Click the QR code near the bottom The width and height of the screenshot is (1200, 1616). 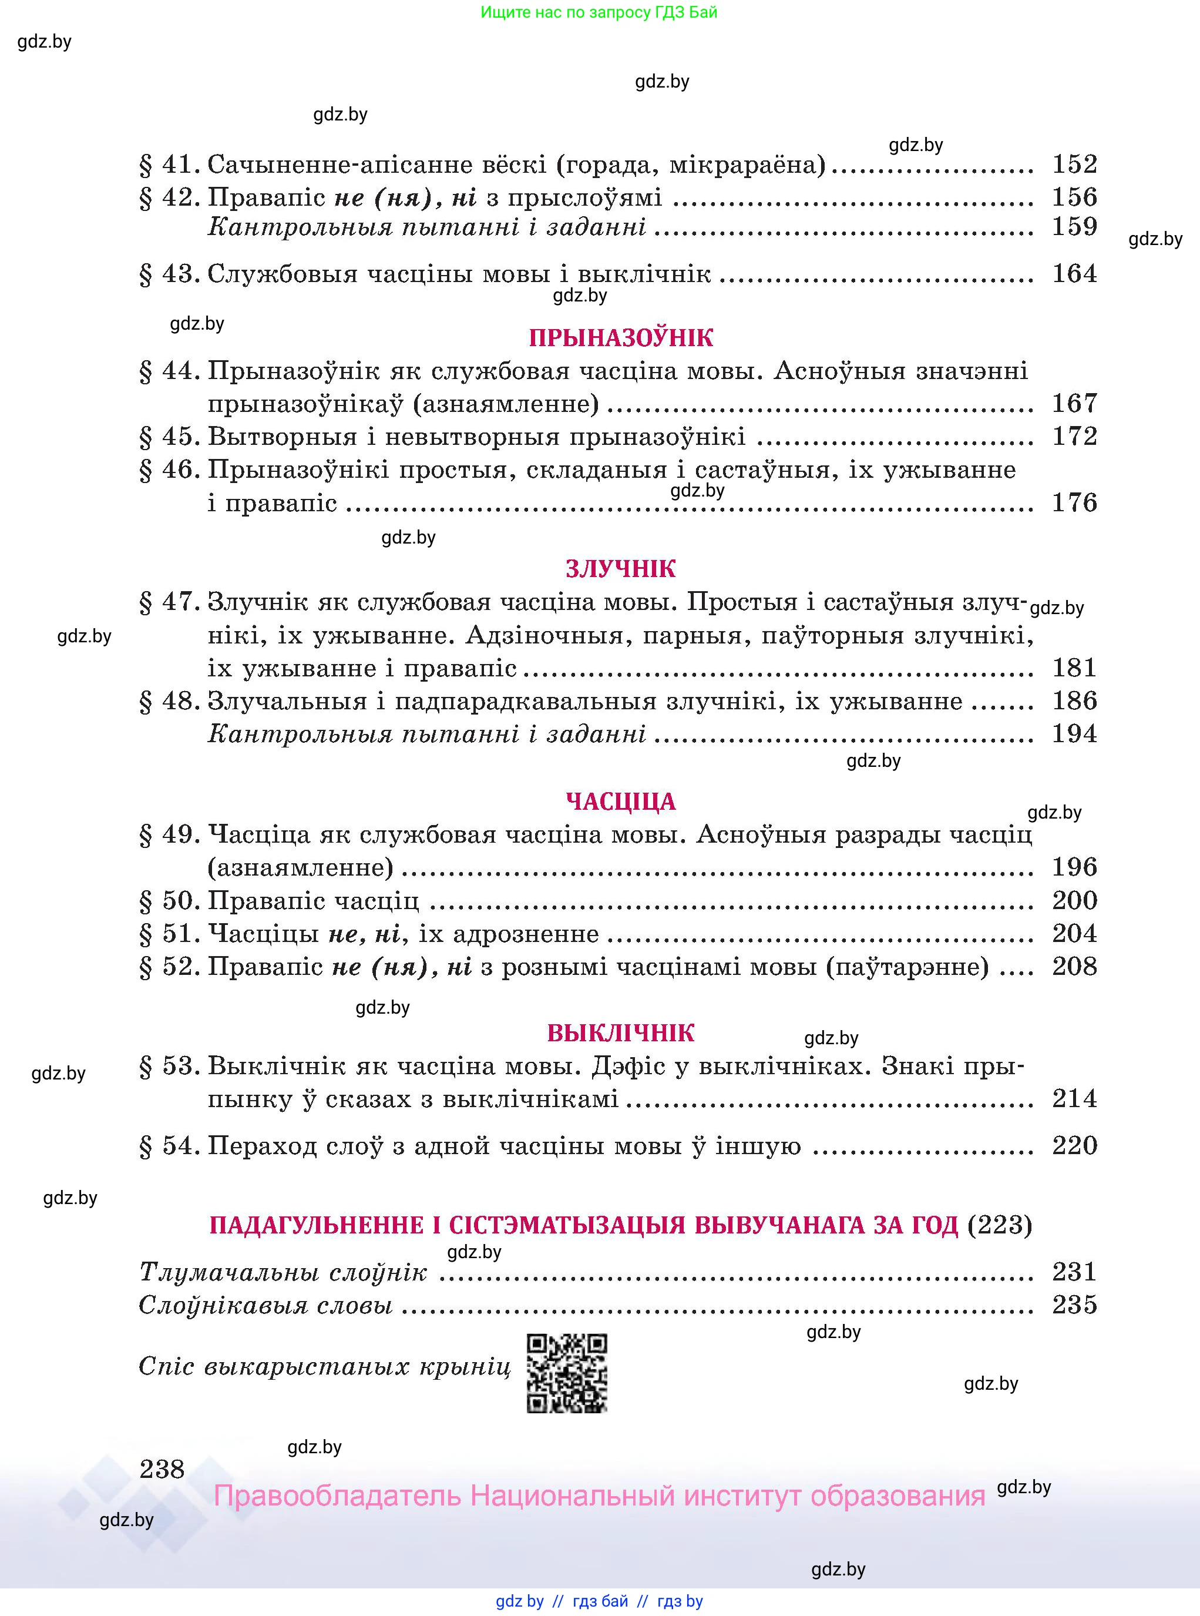click(567, 1373)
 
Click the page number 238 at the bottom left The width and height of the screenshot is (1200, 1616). click(162, 1469)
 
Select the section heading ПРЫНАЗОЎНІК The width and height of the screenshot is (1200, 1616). click(621, 338)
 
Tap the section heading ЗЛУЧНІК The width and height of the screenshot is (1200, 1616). click(621, 568)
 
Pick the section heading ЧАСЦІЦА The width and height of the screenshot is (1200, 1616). click(621, 802)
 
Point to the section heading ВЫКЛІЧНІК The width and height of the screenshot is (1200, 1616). click(621, 1032)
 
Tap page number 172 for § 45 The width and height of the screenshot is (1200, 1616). click(1074, 436)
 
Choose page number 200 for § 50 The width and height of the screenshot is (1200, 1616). click(1074, 900)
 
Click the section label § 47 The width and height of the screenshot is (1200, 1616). click(169, 602)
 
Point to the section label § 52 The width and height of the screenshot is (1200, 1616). click(169, 967)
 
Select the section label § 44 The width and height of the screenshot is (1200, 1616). click(169, 371)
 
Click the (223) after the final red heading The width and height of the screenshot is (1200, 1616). click(1000, 1225)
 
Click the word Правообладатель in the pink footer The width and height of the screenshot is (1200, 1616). click(338, 1496)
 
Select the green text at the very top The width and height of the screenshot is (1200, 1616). click(599, 12)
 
